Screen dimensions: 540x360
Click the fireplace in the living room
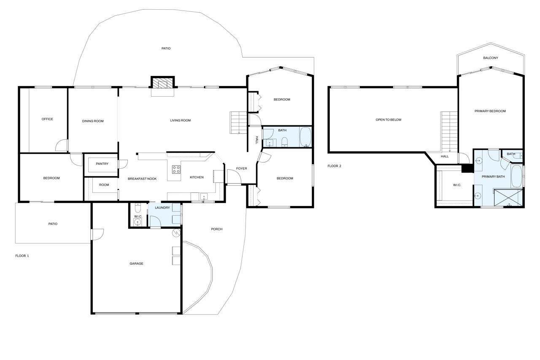(x=162, y=82)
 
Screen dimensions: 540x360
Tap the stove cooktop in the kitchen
(x=176, y=169)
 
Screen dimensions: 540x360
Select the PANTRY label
(x=102, y=164)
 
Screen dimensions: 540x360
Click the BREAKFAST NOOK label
(x=142, y=179)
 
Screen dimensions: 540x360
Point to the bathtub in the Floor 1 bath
(x=305, y=137)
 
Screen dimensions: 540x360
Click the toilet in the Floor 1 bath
(x=285, y=142)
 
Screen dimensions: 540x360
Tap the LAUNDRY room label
(x=162, y=208)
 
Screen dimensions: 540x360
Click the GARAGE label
(x=136, y=263)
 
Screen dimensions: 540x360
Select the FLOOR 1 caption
(x=22, y=256)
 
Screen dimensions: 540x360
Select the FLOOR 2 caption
(x=335, y=166)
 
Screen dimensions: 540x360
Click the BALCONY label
(x=491, y=58)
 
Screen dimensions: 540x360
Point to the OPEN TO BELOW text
(x=389, y=119)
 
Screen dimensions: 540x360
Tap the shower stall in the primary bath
(x=508, y=198)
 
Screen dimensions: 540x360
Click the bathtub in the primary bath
(x=516, y=176)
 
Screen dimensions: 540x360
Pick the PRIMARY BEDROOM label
(x=490, y=111)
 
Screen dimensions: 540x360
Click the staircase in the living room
(x=238, y=122)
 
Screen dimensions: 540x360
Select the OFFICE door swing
(x=62, y=146)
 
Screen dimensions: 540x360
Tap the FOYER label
(x=242, y=168)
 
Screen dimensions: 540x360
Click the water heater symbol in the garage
(x=176, y=233)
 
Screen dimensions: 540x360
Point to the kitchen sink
(x=204, y=197)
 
